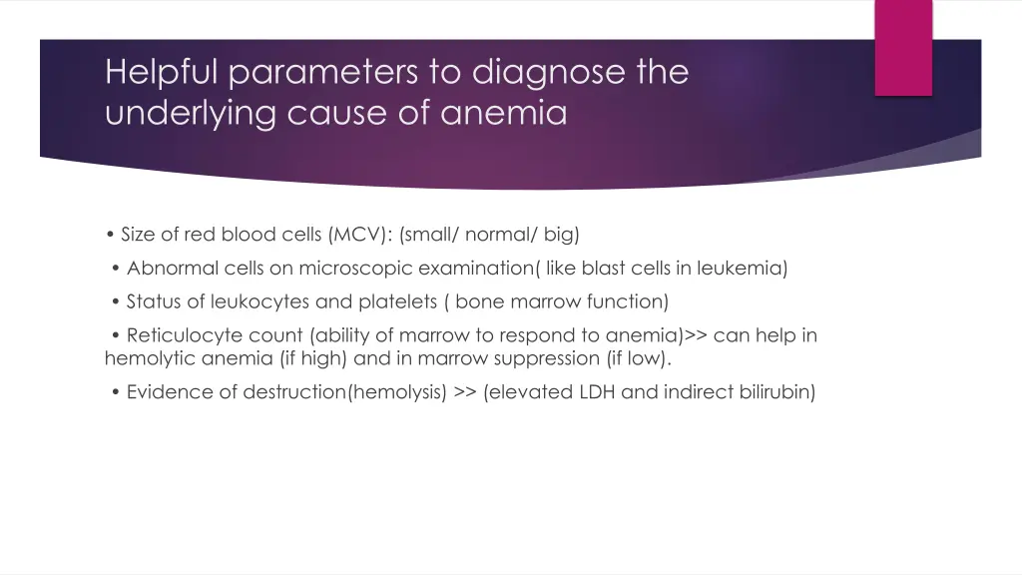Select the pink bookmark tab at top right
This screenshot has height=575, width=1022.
(903, 48)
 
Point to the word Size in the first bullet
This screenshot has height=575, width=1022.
(139, 235)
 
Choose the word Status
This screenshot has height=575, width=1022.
(154, 301)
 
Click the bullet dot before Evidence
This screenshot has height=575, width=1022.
(118, 392)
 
